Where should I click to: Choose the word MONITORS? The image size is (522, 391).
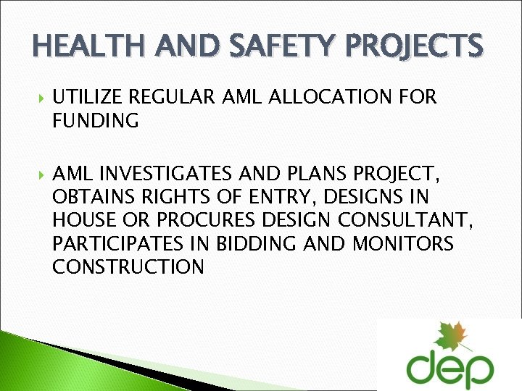402,244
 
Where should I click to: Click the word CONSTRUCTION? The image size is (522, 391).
128,267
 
